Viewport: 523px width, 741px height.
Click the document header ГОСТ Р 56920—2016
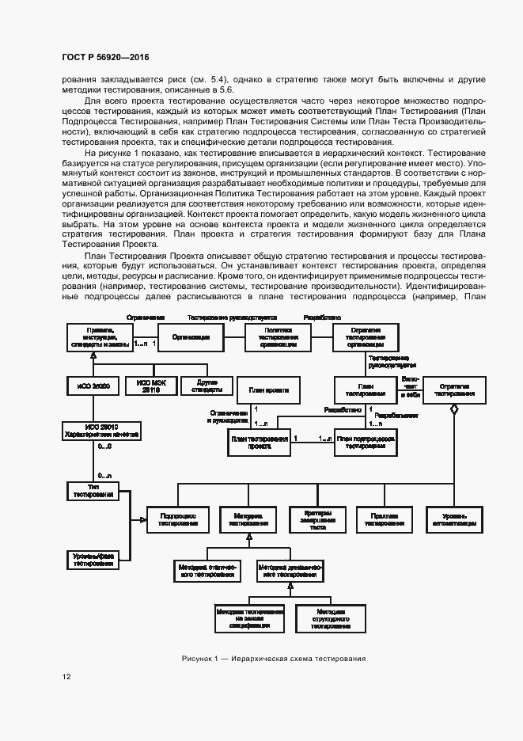pos(105,58)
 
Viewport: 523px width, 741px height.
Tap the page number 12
pos(66,677)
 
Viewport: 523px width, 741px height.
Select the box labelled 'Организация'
pos(191,336)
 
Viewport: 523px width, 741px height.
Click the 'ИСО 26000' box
pos(93,386)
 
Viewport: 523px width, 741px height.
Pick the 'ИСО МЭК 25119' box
pos(150,386)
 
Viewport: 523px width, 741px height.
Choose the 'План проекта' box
pos(268,390)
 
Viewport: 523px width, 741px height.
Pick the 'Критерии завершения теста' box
pos(318,519)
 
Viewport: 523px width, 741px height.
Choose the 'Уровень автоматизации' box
pos(453,519)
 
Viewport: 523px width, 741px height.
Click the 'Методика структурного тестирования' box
pos(329,618)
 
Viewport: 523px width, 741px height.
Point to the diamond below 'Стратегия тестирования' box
pos(453,408)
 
